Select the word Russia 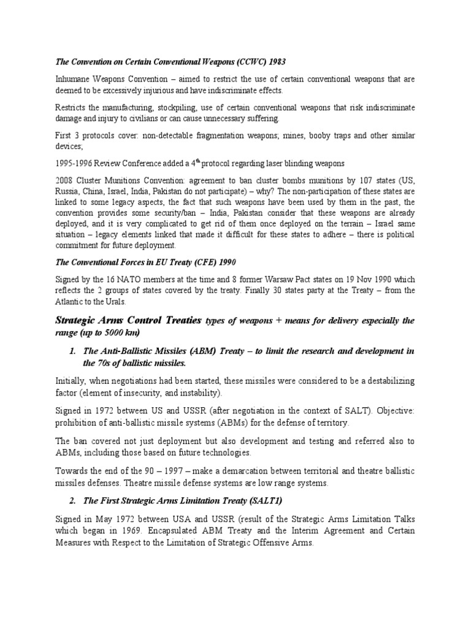tap(69, 193)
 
